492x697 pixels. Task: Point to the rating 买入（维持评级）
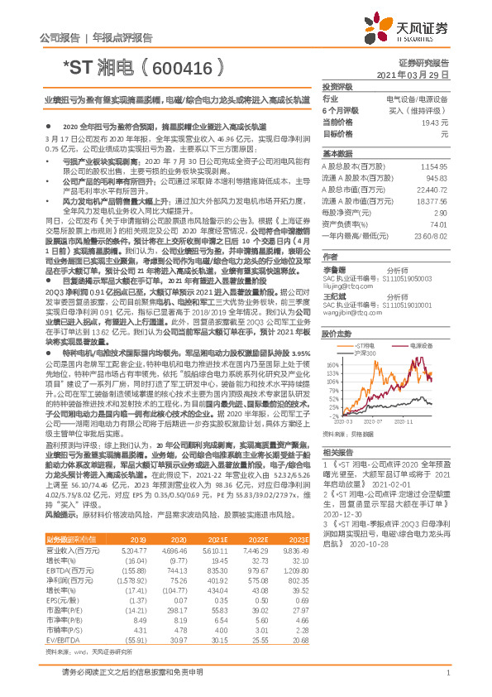(x=422, y=110)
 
